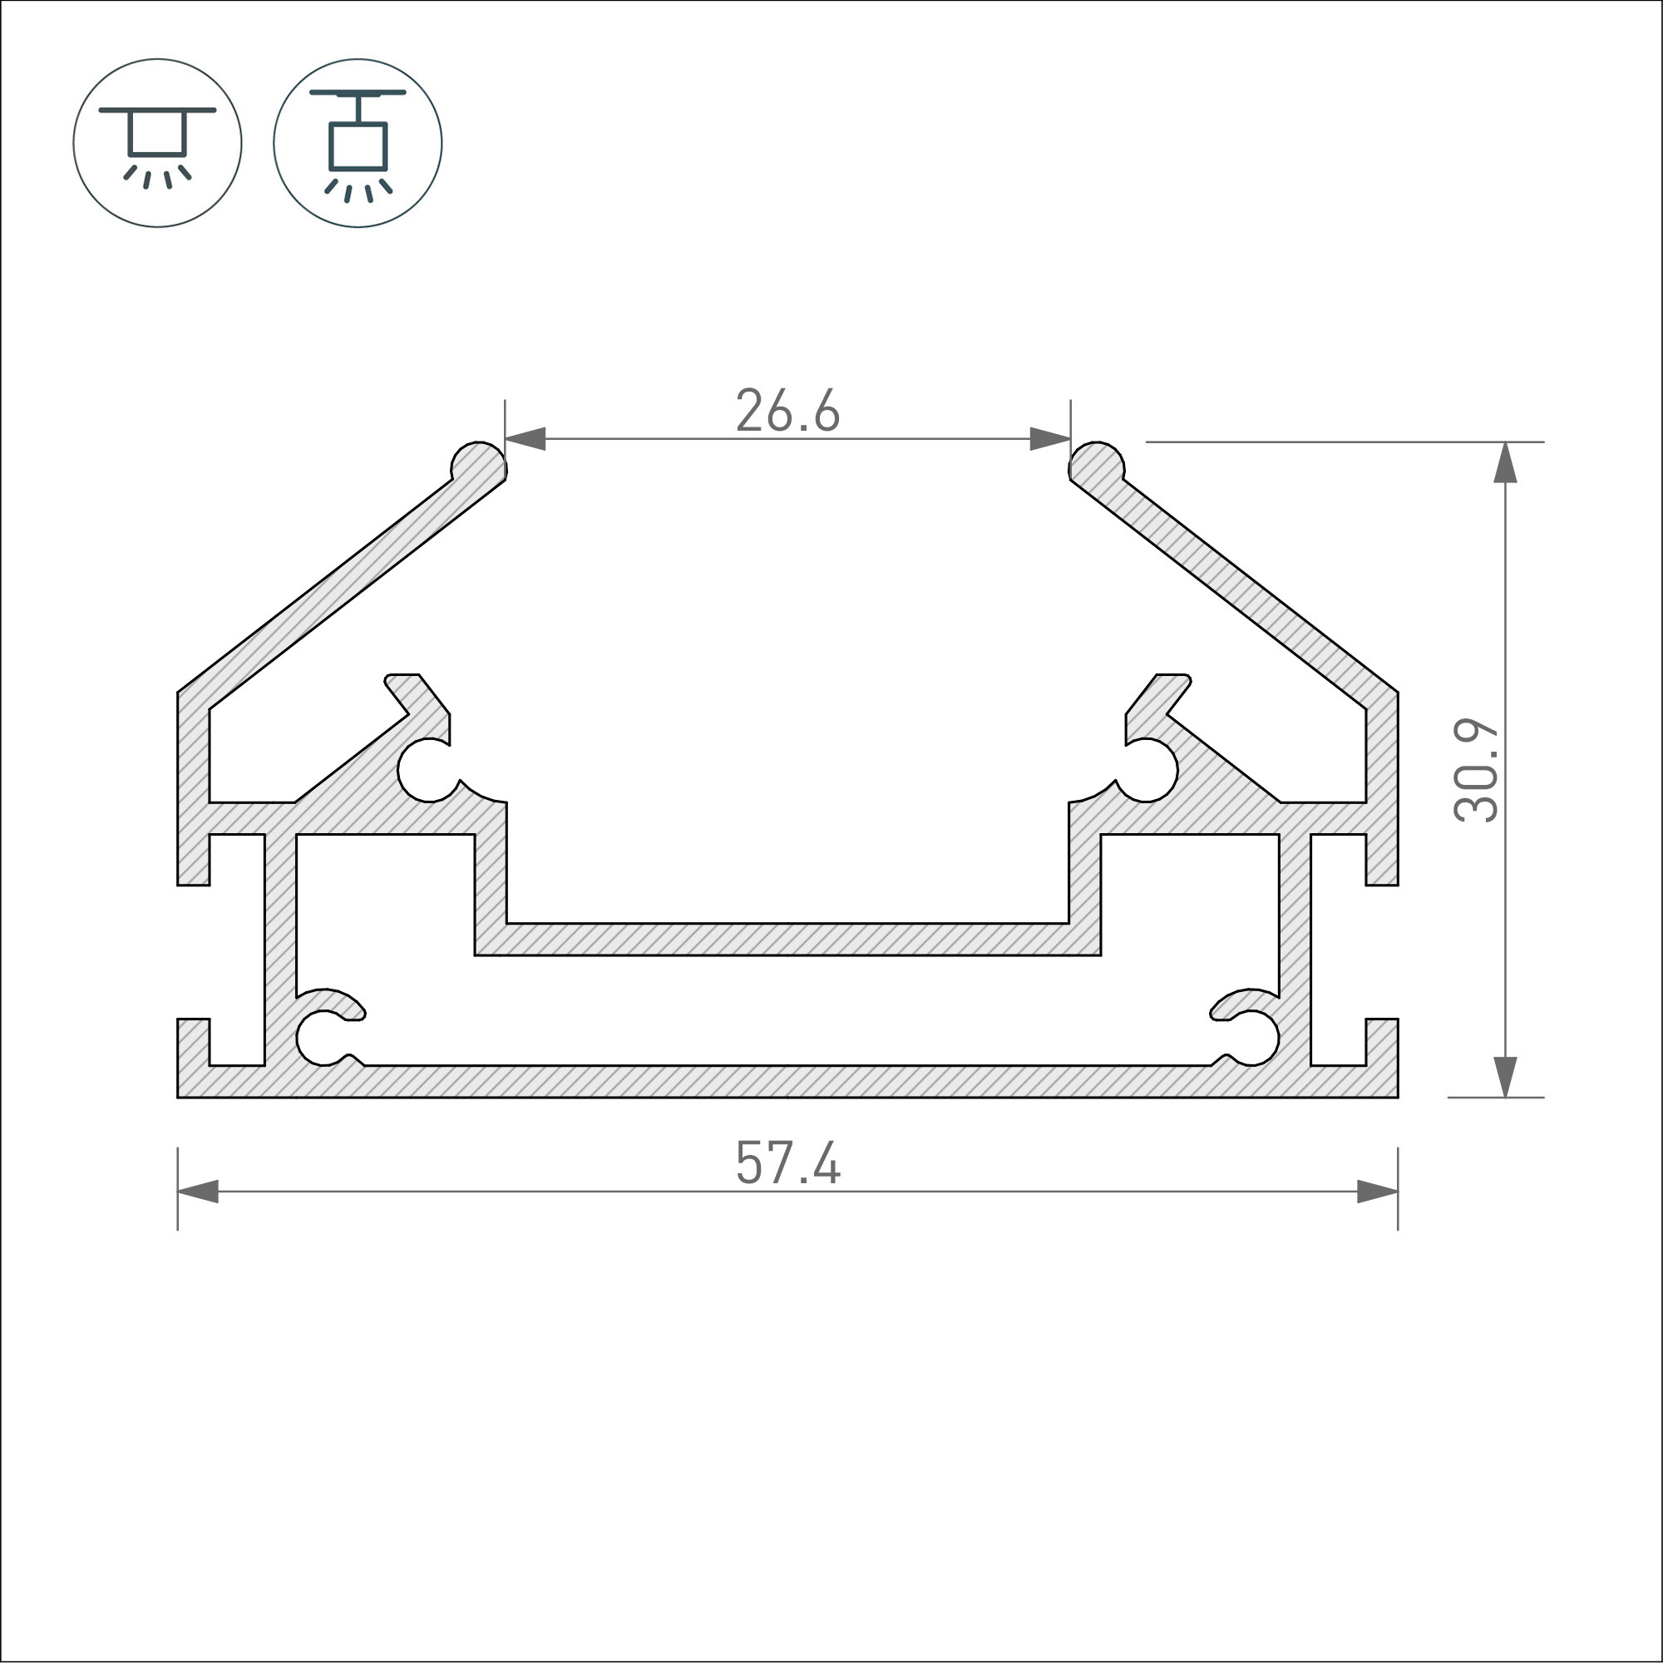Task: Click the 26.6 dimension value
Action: [x=787, y=412]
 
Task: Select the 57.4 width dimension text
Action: [x=787, y=1164]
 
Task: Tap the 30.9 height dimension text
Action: [x=1476, y=771]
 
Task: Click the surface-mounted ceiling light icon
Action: [x=157, y=143]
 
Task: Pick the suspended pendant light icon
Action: [x=358, y=143]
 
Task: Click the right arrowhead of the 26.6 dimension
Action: [x=1050, y=439]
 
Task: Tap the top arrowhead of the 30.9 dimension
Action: [x=1505, y=462]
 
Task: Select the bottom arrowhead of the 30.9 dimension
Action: [x=1505, y=1077]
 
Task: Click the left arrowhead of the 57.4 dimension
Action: [x=198, y=1192]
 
